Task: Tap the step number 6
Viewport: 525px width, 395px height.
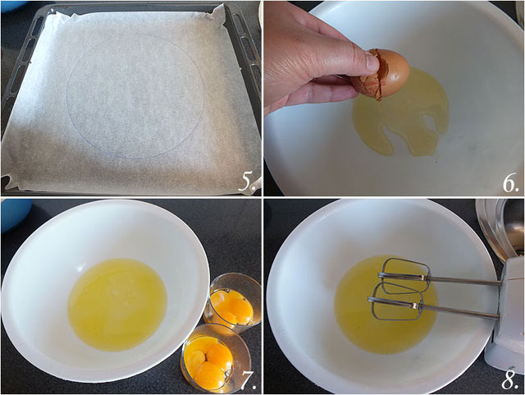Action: (x=510, y=183)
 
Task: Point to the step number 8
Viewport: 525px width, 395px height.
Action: (x=510, y=379)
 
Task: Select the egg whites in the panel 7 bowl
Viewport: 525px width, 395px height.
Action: (x=117, y=305)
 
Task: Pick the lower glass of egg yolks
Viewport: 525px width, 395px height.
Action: (x=210, y=359)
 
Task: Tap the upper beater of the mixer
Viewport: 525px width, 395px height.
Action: (x=404, y=276)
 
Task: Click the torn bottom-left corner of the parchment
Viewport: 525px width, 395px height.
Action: (x=10, y=182)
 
